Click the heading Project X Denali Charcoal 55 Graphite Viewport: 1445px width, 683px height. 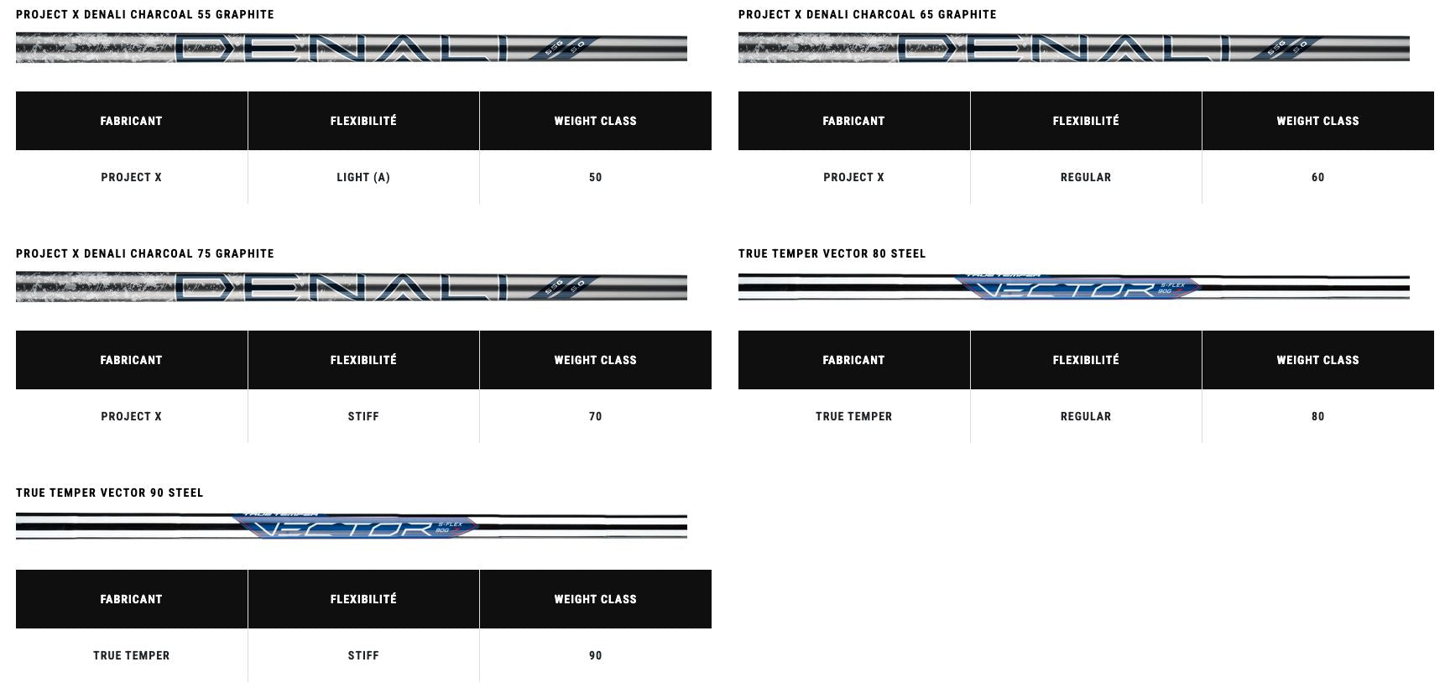(144, 14)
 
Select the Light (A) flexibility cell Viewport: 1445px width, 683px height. (363, 177)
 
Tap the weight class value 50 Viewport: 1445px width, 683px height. (595, 177)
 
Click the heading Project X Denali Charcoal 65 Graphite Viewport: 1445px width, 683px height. (867, 14)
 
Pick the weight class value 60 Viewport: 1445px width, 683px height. (1317, 177)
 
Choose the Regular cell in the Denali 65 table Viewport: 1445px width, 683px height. (1085, 177)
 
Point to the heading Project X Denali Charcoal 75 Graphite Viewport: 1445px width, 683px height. (144, 253)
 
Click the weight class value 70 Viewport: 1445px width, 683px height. (595, 416)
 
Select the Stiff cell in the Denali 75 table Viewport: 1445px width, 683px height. (363, 416)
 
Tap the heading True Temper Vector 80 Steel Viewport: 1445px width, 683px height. (832, 253)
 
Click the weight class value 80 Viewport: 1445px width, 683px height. (1317, 416)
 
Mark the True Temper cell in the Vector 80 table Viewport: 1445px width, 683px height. (853, 416)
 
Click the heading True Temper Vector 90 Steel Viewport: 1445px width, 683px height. (109, 493)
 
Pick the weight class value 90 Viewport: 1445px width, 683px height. (595, 655)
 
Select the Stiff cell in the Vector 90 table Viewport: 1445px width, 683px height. (363, 655)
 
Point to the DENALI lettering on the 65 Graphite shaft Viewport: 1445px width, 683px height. (1063, 49)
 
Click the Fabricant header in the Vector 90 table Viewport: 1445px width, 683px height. (131, 599)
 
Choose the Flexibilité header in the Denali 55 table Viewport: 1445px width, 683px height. (363, 121)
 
